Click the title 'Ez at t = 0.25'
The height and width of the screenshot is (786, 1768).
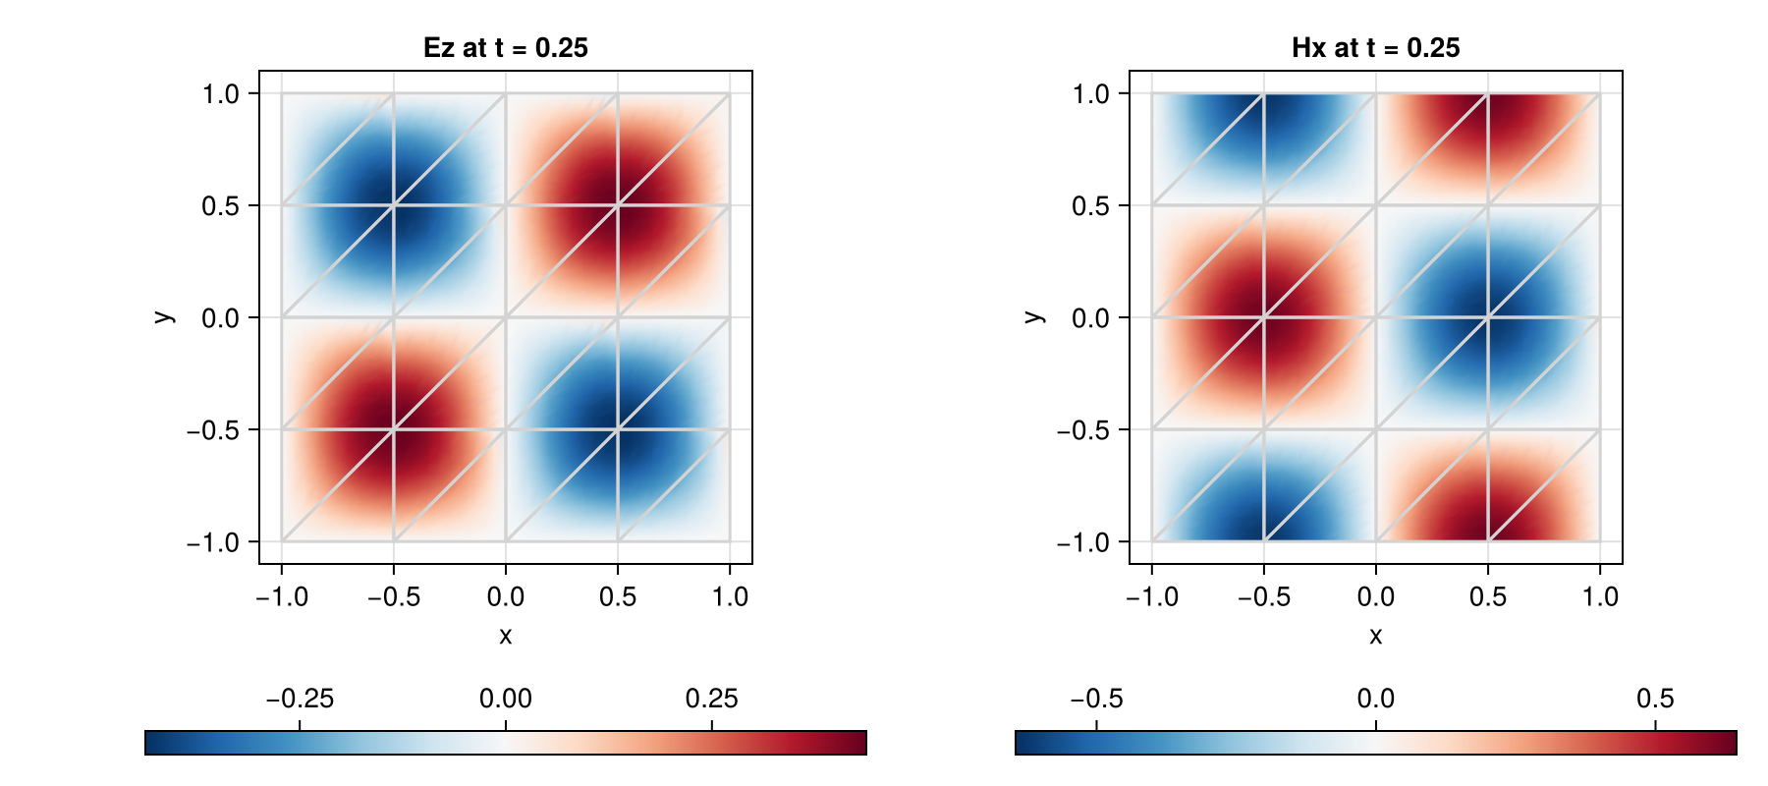[x=506, y=48]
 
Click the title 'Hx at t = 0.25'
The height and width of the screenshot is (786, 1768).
[x=1376, y=48]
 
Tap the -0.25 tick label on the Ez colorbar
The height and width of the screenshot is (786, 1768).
[x=300, y=699]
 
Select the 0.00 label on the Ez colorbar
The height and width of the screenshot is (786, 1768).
[x=506, y=699]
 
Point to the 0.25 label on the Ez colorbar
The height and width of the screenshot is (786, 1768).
[x=711, y=699]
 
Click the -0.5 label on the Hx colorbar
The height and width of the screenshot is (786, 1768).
[x=1096, y=699]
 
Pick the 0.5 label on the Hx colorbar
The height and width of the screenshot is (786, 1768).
[x=1655, y=699]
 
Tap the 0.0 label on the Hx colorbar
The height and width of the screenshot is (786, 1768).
[x=1376, y=699]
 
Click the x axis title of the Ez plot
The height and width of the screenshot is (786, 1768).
[x=506, y=636]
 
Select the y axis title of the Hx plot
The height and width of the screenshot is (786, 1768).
[x=1032, y=316]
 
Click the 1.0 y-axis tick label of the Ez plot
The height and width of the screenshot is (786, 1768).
[x=221, y=94]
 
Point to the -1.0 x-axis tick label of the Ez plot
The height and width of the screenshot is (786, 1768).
[x=282, y=596]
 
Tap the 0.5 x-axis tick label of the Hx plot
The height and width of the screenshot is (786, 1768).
[x=1488, y=596]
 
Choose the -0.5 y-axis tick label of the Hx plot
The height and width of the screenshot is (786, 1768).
[x=1083, y=430]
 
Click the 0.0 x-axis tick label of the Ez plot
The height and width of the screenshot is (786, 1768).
[x=506, y=596]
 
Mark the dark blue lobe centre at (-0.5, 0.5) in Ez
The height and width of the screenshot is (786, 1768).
[x=394, y=205]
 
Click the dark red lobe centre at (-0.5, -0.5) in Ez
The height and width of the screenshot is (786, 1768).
[x=394, y=429]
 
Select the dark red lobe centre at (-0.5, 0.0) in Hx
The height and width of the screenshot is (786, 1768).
[x=1264, y=317]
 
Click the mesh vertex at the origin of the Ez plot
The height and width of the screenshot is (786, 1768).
[x=506, y=317]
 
